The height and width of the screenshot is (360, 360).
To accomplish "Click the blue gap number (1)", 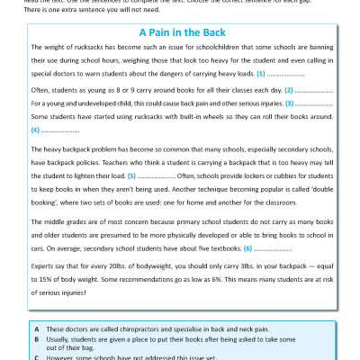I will pos(261,72).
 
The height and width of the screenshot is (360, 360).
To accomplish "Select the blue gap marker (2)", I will pos(289,91).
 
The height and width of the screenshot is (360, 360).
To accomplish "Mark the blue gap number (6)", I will pos(247,247).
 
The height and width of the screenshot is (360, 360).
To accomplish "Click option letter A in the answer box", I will pos(35,330).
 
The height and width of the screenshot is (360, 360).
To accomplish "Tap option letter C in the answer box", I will pos(35,356).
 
